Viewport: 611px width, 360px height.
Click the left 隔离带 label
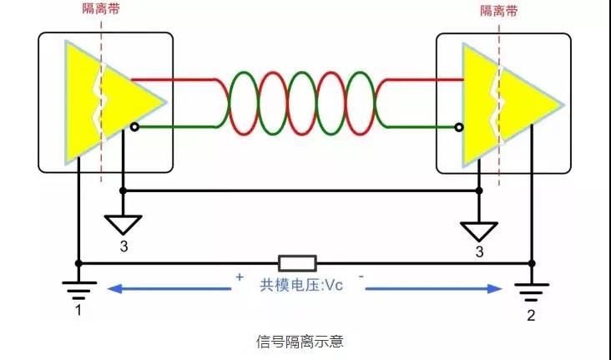click(x=101, y=8)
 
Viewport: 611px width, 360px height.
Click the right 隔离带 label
click(x=499, y=11)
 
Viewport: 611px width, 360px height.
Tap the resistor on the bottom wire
click(x=297, y=263)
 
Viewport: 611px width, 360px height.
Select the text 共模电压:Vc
click(x=301, y=285)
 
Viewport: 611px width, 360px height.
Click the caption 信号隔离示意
click(x=300, y=342)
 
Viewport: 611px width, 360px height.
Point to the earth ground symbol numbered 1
click(x=79, y=290)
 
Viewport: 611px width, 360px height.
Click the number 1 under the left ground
click(x=78, y=310)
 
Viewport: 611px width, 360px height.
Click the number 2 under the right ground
click(x=531, y=315)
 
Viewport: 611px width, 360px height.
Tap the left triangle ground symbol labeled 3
click(x=123, y=224)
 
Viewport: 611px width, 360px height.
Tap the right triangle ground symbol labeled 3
click(x=479, y=231)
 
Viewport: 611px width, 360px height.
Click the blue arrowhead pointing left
click(x=114, y=289)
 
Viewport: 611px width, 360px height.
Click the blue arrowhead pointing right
click(x=495, y=289)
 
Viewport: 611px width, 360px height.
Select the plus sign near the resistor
click(x=240, y=277)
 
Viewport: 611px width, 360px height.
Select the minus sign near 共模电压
click(x=361, y=276)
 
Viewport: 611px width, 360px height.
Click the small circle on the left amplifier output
click(x=134, y=127)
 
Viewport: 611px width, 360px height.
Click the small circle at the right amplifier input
click(x=459, y=127)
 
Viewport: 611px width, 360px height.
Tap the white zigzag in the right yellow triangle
click(x=498, y=105)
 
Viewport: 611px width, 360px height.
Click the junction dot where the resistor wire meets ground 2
click(x=532, y=264)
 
